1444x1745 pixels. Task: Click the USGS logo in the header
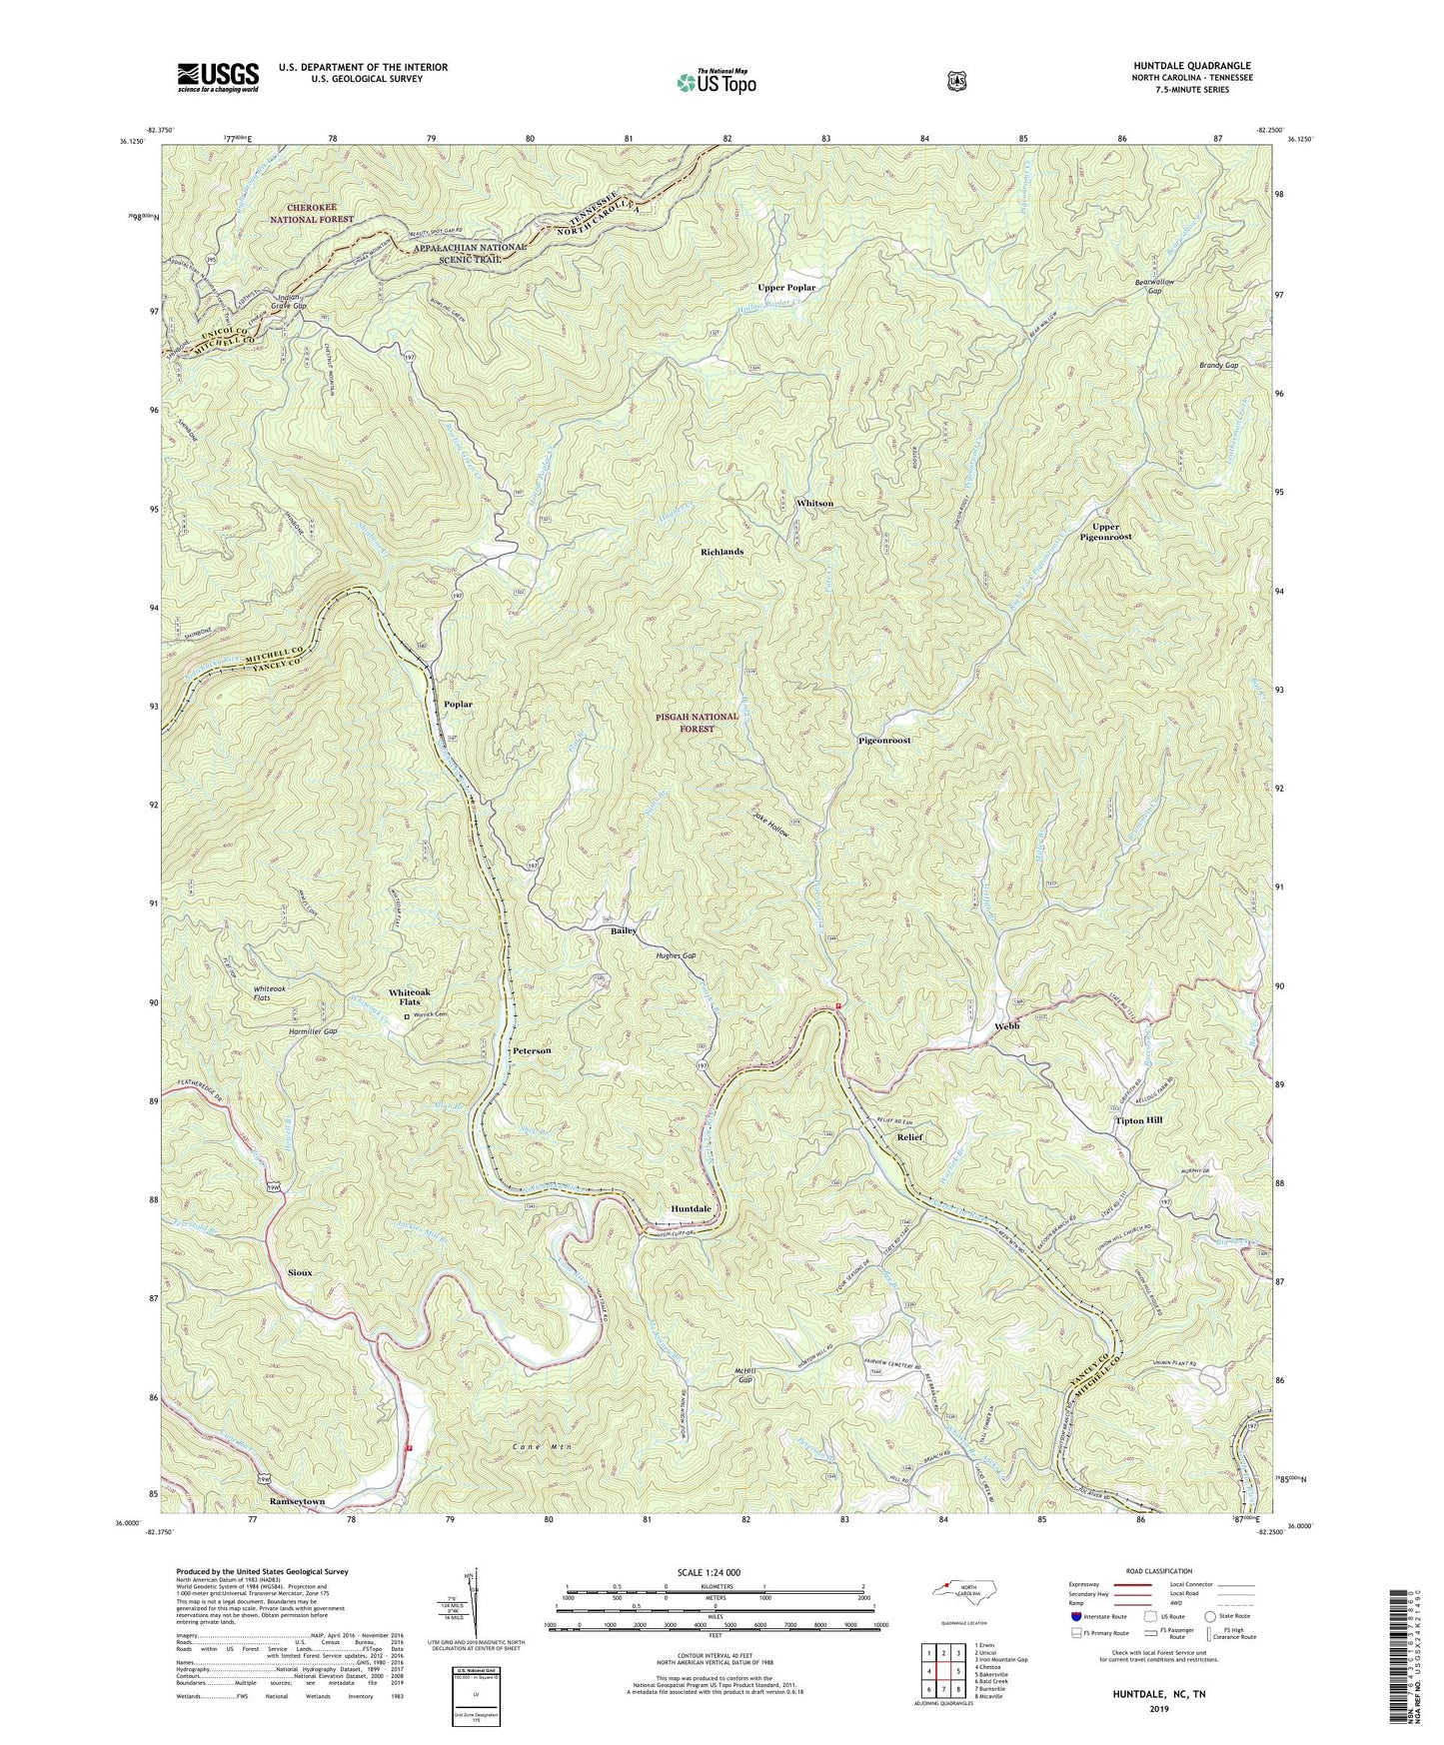click(x=218, y=76)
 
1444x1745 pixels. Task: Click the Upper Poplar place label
click(x=786, y=287)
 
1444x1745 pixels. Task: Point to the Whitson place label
click(x=814, y=503)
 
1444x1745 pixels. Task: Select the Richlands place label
click(x=722, y=551)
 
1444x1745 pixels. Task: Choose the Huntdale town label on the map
click(x=691, y=1208)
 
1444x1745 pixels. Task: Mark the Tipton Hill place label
click(x=1138, y=1120)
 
